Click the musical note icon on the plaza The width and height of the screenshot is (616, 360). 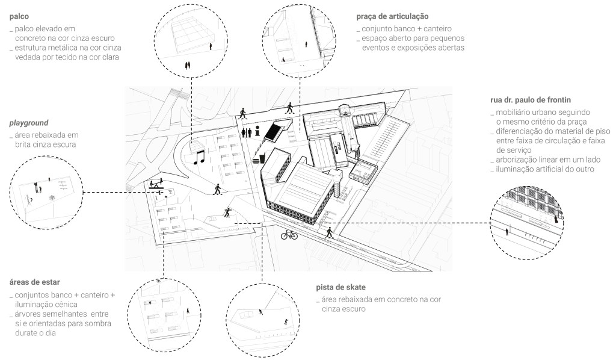199,158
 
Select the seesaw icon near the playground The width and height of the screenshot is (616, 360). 158,185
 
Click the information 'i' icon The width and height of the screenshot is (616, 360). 257,132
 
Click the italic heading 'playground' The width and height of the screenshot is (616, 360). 30,123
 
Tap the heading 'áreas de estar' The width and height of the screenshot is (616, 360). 35,282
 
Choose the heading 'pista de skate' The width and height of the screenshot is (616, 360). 341,287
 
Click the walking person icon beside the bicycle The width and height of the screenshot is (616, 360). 329,232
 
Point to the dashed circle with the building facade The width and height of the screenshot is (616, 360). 525,223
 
